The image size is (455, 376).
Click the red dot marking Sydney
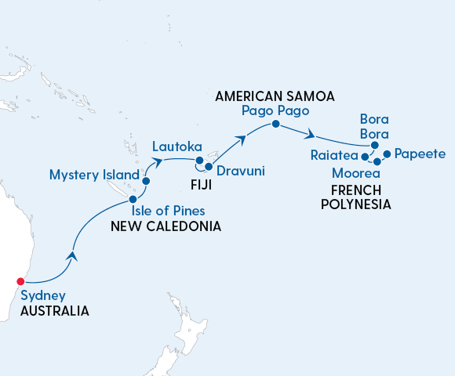(21, 281)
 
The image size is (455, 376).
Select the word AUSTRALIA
(55, 311)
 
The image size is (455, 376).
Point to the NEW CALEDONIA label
(166, 226)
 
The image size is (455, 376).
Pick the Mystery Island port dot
(146, 181)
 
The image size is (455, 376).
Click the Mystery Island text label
(94, 174)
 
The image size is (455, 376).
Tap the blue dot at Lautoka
(199, 161)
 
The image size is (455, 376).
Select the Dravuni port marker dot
(209, 167)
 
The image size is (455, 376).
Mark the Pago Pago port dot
(275, 125)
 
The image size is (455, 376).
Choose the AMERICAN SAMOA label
(274, 96)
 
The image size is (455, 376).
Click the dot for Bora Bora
(375, 146)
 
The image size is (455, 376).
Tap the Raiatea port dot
(365, 157)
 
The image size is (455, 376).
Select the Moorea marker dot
(377, 161)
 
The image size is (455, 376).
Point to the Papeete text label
(420, 154)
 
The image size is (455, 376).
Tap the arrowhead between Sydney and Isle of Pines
(72, 255)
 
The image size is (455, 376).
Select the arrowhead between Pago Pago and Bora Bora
(311, 133)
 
